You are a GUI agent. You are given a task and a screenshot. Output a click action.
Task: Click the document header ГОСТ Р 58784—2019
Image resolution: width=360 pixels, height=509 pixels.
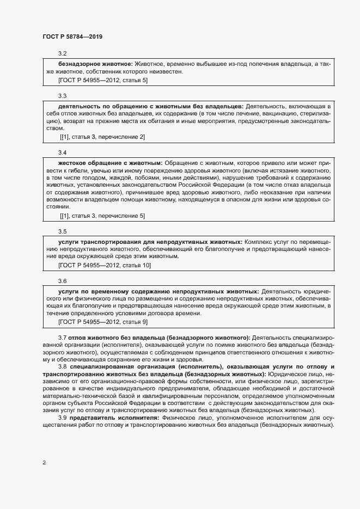pos(72,36)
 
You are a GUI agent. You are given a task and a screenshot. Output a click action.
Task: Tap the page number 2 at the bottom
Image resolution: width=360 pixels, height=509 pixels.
pos(44,462)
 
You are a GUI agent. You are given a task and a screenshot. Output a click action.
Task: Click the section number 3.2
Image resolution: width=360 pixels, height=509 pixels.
pos(62,53)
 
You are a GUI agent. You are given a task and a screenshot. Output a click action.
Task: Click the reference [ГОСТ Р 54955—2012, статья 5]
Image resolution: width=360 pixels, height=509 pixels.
pos(103,80)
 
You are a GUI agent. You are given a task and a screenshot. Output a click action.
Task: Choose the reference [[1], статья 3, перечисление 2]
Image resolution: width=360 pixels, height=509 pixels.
pos(102,136)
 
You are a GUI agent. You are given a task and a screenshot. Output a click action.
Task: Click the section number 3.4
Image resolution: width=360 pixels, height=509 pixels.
pos(62,152)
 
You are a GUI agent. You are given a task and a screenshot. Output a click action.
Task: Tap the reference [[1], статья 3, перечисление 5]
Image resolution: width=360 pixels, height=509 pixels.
pos(102,216)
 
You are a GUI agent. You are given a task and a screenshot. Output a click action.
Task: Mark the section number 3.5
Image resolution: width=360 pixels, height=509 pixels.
pos(62,231)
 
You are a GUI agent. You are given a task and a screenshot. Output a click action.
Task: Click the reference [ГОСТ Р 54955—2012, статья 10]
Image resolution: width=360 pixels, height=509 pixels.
pos(105,265)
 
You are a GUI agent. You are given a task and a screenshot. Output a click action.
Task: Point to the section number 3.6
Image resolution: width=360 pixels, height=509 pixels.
pos(62,281)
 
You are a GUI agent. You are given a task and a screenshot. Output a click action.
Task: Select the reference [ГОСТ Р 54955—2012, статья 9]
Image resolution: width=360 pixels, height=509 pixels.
pos(103,322)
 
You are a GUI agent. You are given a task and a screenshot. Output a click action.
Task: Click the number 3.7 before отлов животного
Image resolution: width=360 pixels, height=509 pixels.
pos(62,338)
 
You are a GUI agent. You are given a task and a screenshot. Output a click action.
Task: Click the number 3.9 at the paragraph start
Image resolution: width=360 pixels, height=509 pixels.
pos(62,417)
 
